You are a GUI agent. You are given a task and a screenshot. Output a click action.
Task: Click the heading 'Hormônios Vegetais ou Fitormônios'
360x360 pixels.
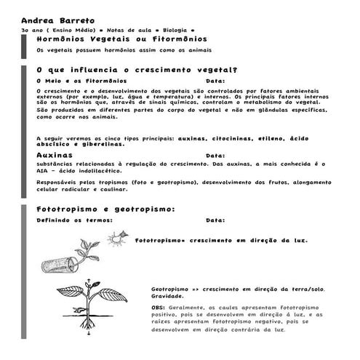(121, 39)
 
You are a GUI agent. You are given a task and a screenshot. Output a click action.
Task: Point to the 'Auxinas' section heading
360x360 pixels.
(55, 155)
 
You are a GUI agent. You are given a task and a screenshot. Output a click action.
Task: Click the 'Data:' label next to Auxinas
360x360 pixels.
(215, 156)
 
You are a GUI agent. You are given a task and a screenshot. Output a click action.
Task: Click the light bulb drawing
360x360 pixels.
(114, 237)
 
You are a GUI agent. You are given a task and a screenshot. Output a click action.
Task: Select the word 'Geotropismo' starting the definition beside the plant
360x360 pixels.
(169, 289)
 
